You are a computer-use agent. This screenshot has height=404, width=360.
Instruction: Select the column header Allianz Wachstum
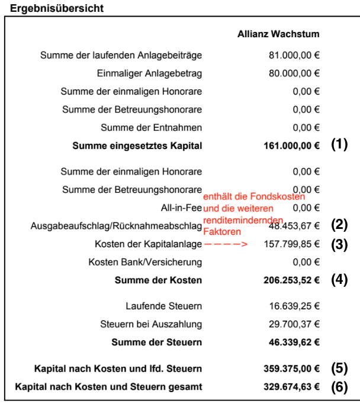point(278,34)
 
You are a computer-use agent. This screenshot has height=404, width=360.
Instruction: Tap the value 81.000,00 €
point(294,56)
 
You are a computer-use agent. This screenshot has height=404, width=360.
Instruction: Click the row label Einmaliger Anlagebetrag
point(149,73)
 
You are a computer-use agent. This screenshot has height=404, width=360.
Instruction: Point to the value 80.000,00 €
point(294,73)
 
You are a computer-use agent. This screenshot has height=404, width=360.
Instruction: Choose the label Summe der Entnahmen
point(152,127)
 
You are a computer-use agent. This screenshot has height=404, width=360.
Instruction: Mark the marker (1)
point(339,145)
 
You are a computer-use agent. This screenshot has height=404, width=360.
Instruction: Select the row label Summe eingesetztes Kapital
point(137,145)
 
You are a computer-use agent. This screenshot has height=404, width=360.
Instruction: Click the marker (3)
point(339,244)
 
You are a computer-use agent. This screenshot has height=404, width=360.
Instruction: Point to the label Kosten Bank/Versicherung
point(145,261)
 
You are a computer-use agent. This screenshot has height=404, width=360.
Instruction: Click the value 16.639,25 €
point(294,306)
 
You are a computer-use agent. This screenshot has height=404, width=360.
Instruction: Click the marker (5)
point(339,369)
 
